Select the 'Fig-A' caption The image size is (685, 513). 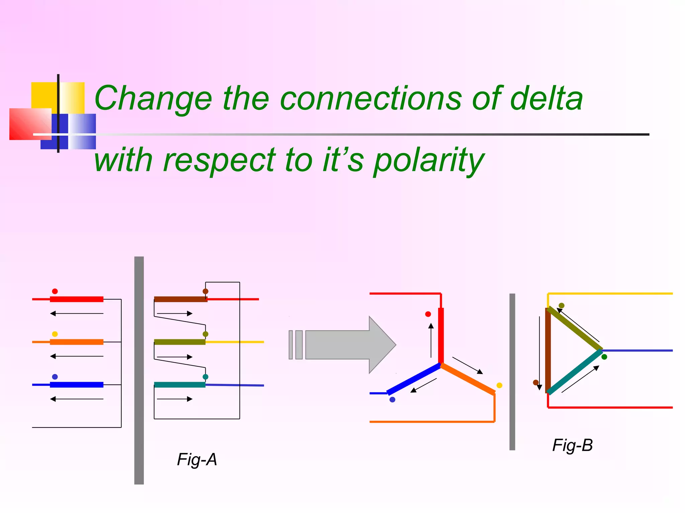click(x=197, y=460)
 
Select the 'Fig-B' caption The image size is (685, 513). click(x=572, y=445)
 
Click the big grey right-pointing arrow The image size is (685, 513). click(x=348, y=345)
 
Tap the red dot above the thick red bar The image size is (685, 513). click(x=55, y=291)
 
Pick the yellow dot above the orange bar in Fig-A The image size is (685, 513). click(x=55, y=334)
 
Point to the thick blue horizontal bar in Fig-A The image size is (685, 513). click(x=77, y=385)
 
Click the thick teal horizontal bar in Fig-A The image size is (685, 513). click(x=180, y=385)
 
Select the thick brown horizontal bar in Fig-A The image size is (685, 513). click(x=181, y=299)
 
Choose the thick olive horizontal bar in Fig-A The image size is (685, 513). click(x=180, y=342)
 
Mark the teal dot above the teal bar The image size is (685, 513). click(x=205, y=377)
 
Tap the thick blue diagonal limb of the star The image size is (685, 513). click(x=414, y=379)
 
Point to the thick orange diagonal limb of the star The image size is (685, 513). click(x=468, y=379)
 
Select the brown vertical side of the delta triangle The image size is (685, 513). click(x=548, y=351)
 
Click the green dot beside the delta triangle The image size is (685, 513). click(x=604, y=357)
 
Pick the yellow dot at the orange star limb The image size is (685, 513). click(x=499, y=385)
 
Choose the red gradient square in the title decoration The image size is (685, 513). click(x=30, y=124)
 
